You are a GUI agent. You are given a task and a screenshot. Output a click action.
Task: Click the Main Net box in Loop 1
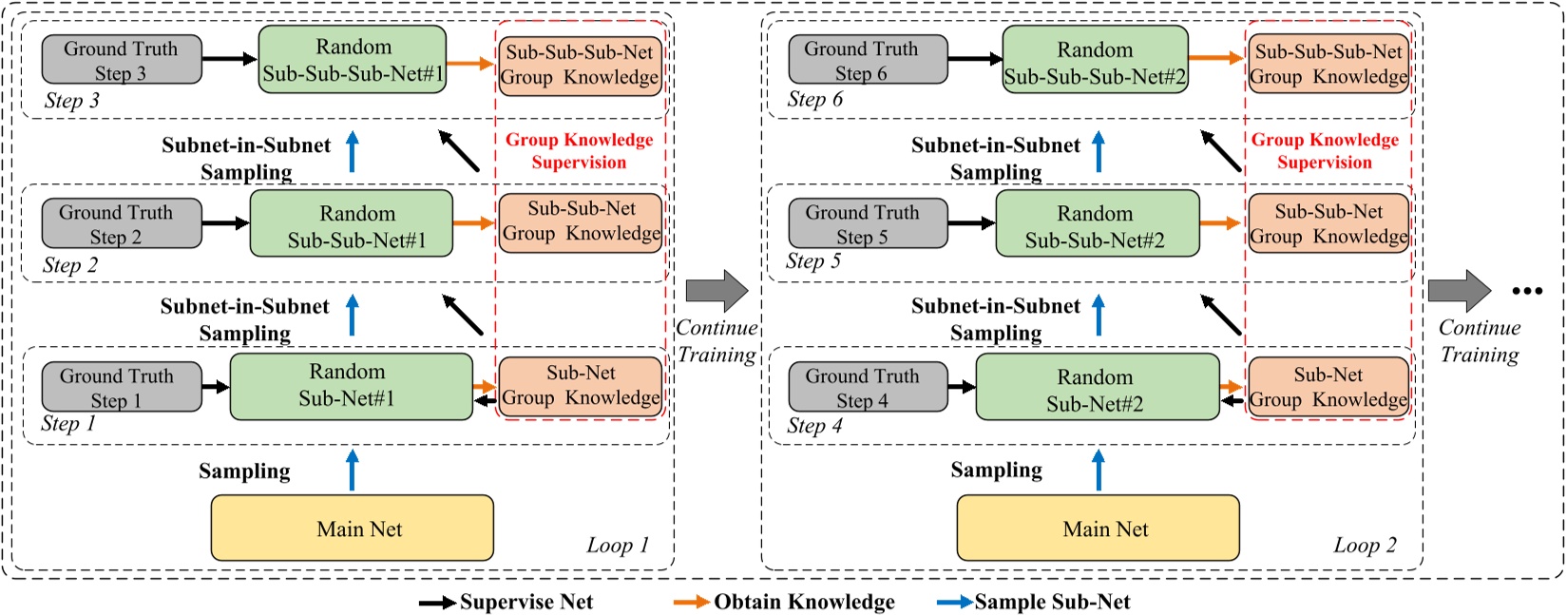[352, 528]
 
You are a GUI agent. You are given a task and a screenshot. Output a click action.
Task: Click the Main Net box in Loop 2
[1098, 528]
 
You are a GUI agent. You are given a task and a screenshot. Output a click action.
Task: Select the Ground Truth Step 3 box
[122, 60]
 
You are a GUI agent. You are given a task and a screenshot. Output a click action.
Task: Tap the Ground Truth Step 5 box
[868, 224]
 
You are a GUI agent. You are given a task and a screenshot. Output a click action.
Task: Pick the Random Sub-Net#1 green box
[351, 386]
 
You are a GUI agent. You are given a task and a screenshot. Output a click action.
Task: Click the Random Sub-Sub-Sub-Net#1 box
[353, 59]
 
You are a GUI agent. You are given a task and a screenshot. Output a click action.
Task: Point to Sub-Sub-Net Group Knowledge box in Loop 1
[581, 221]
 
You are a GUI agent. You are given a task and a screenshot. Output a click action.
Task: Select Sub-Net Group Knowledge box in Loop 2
[1328, 387]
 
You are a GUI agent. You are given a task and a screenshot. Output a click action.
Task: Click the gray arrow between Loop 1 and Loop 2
[717, 290]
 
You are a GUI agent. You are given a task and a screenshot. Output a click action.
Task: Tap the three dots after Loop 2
[1526, 291]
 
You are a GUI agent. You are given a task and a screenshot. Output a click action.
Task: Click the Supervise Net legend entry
[506, 602]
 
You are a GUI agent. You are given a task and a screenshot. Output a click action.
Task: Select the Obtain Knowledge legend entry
[784, 602]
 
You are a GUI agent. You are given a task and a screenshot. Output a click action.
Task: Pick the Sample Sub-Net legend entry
[1034, 602]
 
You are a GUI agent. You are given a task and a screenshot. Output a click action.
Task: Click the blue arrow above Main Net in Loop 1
[353, 470]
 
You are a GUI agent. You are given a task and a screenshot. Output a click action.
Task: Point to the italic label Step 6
[814, 99]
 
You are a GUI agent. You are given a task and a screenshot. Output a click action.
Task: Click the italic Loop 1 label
[617, 546]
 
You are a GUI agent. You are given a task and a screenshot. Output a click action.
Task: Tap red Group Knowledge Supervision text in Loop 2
[1325, 150]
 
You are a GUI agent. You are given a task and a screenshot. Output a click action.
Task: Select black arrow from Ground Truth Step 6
[974, 59]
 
